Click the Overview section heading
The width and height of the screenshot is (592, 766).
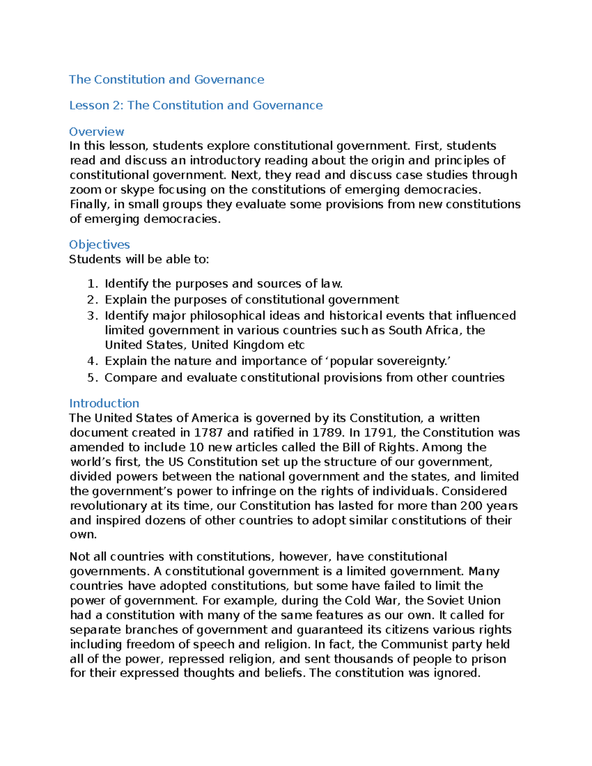pyautogui.click(x=96, y=132)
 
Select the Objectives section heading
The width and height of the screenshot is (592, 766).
pyautogui.click(x=99, y=245)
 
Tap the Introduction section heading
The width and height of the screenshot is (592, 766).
pyautogui.click(x=104, y=403)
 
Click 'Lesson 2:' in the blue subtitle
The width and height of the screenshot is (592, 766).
pyautogui.click(x=96, y=106)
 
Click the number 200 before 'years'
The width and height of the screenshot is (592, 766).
pyautogui.click(x=471, y=506)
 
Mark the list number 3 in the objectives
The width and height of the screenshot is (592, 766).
pyautogui.click(x=92, y=316)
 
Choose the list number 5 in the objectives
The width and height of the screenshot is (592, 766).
pyautogui.click(x=92, y=378)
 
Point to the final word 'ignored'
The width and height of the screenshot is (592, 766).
pyautogui.click(x=456, y=673)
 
